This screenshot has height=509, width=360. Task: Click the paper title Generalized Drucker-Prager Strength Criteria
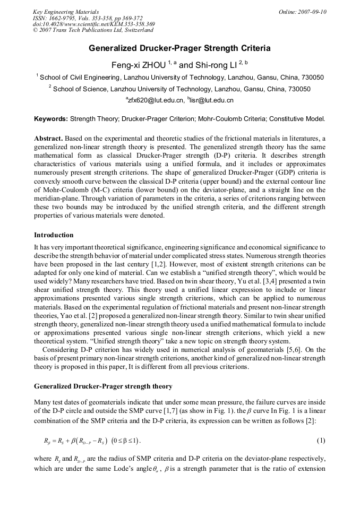pos(179,48)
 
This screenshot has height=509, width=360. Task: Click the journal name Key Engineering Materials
pos(66,12)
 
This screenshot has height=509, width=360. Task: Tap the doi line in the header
pos(93,24)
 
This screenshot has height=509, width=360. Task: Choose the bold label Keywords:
pos(51,119)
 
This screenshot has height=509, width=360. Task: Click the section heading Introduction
pos(54,235)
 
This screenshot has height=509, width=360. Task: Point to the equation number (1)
pos(321,441)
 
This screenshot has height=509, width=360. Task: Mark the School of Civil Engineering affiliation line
pos(179,77)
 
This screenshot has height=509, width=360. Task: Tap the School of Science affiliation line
pos(179,89)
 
